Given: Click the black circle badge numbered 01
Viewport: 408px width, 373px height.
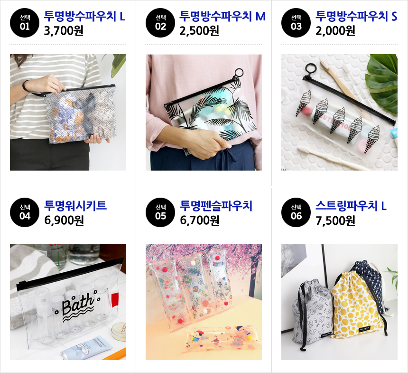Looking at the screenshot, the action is pos(25,23).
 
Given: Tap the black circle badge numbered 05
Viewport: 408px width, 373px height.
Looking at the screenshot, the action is pos(160,212).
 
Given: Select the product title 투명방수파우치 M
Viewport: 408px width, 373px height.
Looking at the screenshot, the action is pos(223,16).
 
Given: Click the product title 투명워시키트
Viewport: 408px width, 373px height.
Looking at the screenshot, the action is pos(75,205).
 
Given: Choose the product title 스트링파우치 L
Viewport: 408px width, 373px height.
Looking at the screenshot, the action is pos(351,205).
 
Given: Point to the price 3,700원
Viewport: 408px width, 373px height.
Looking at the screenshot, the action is pos(64,31).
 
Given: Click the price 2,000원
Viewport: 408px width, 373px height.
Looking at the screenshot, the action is pos(335,31).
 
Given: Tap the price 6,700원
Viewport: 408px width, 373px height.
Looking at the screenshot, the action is pos(200,220).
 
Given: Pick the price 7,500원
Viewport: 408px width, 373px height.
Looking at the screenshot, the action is pos(335,220).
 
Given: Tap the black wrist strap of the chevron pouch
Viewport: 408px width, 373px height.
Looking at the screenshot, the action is pos(28,88).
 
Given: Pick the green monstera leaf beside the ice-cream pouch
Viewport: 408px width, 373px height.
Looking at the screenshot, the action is pos(382,81).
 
